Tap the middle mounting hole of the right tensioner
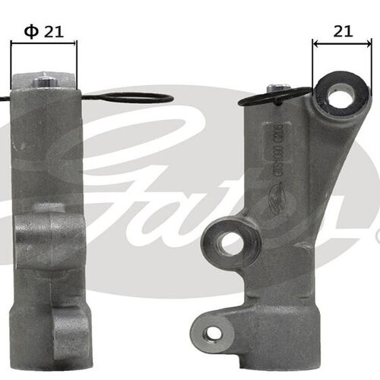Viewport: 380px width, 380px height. point(227,243)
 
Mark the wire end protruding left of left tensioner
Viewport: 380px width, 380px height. point(5,98)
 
